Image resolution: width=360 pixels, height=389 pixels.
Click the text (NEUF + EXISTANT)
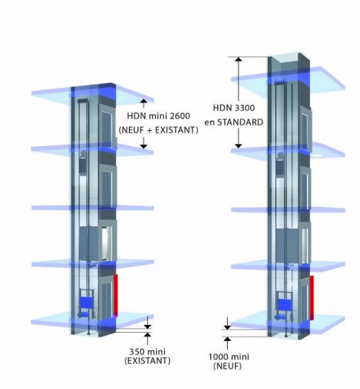159,130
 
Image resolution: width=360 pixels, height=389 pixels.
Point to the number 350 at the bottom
137,351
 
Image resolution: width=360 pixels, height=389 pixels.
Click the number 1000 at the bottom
218,357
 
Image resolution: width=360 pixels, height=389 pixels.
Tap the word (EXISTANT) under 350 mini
147,360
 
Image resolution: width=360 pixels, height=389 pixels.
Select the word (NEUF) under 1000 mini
228,366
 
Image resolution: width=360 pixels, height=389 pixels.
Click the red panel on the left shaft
115,296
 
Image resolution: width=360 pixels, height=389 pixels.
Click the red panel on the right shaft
311,298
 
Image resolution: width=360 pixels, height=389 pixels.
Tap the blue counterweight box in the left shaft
88,303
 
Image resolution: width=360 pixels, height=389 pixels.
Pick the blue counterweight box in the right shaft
284,305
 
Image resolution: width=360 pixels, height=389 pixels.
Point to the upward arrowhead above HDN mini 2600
143,100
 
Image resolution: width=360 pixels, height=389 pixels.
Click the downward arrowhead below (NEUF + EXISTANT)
143,147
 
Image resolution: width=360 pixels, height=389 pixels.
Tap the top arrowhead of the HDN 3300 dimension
238,59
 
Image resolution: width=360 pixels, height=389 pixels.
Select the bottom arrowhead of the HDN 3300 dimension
238,146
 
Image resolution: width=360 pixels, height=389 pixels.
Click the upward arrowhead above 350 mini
147,335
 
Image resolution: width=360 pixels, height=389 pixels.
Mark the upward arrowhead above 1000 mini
227,339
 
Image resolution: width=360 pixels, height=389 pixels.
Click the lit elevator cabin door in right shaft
304,244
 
